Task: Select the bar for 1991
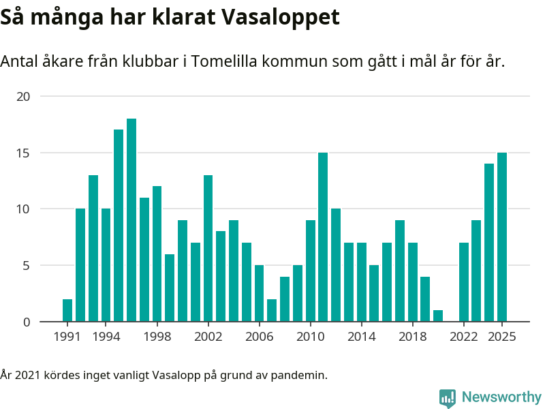[67, 310]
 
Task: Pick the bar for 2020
[438, 316]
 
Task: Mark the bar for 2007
[272, 310]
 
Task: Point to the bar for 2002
[208, 248]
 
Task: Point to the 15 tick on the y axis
[24, 153]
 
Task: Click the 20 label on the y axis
[24, 97]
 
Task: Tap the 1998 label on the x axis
[157, 337]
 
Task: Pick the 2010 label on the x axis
[310, 337]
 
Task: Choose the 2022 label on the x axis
[464, 337]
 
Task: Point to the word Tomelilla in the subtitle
[221, 61]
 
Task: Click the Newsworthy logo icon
[448, 398]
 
